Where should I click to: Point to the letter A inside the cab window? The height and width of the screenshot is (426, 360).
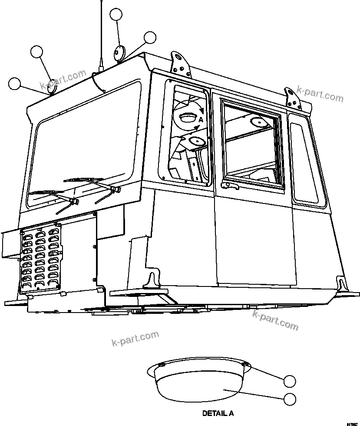(x=201, y=119)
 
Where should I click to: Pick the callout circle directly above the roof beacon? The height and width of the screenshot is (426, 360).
(x=116, y=15)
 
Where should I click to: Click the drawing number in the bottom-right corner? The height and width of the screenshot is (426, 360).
(x=352, y=423)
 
